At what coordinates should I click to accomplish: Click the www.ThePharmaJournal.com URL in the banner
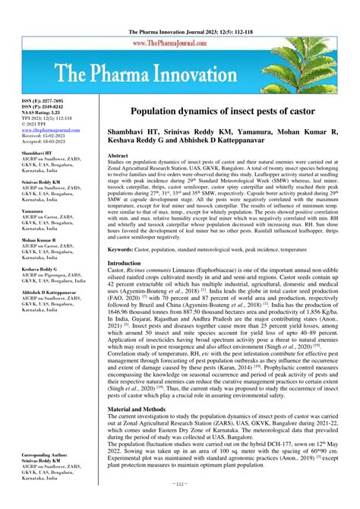(x=180, y=46)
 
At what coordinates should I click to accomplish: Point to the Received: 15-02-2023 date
(x=43, y=137)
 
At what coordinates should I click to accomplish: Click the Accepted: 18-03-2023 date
(x=43, y=143)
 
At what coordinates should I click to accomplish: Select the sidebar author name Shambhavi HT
(x=37, y=153)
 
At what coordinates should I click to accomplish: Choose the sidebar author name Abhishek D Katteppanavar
(x=52, y=296)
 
